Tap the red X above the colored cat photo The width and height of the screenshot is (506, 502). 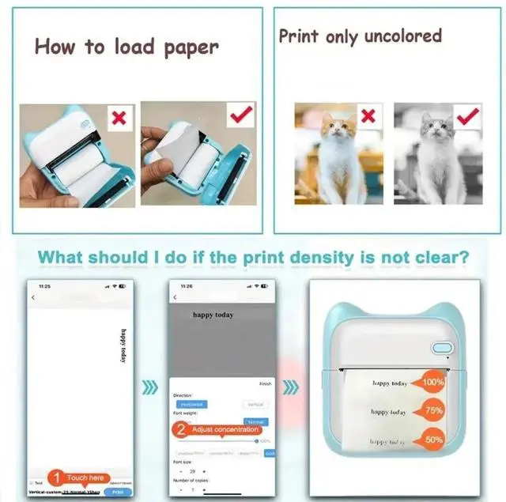368,115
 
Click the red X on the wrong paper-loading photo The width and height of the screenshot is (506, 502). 119,119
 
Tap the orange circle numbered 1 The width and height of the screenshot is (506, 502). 57,477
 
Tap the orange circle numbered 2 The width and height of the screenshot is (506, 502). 181,429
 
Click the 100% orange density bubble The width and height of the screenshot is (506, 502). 433,382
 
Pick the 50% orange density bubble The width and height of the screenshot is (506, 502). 433,439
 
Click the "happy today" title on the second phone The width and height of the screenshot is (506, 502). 213,314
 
